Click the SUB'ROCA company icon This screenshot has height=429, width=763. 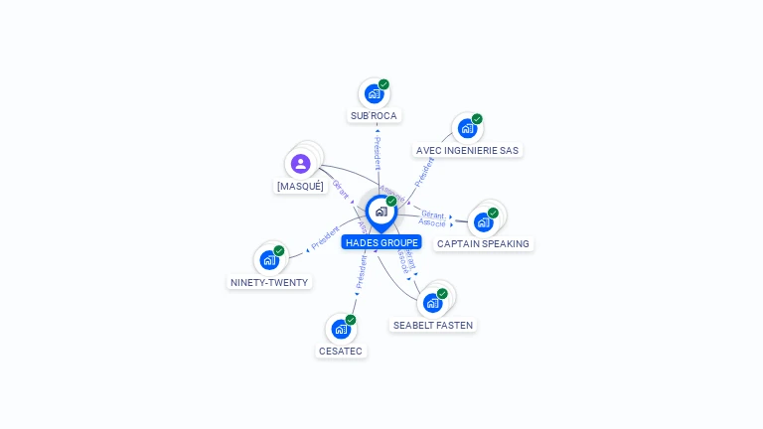point(374,94)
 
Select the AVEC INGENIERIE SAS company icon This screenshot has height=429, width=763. point(467,129)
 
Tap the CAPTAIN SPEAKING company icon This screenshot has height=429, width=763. point(484,221)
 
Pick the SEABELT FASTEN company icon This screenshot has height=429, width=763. point(432,303)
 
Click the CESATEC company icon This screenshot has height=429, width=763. point(341,329)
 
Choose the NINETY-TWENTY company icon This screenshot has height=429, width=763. point(269,260)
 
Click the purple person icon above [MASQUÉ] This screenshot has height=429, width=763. point(301,164)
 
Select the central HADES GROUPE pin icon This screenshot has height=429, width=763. point(381,212)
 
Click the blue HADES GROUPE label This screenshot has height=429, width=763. point(381,242)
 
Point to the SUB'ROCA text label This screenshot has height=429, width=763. point(374,116)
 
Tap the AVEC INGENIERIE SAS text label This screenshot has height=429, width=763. point(467,151)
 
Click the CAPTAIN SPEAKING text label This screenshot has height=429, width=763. point(483,243)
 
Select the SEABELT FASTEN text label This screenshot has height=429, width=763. point(433,325)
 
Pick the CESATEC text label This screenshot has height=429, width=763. point(342,351)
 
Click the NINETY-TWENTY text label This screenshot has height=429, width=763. point(269,282)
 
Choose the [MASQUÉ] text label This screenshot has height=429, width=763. point(300,186)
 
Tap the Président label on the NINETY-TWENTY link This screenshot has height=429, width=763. point(325,238)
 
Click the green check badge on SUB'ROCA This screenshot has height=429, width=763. point(383,84)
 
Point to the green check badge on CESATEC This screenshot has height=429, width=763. point(351,320)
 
